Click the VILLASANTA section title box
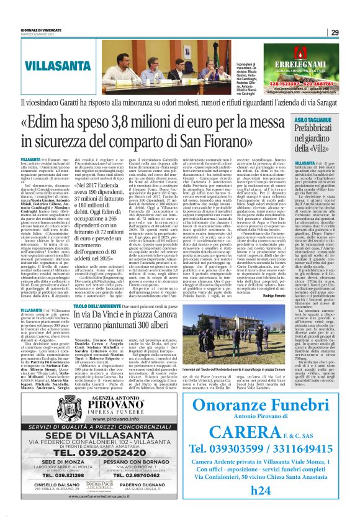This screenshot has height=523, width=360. pyautogui.click(x=56, y=63)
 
